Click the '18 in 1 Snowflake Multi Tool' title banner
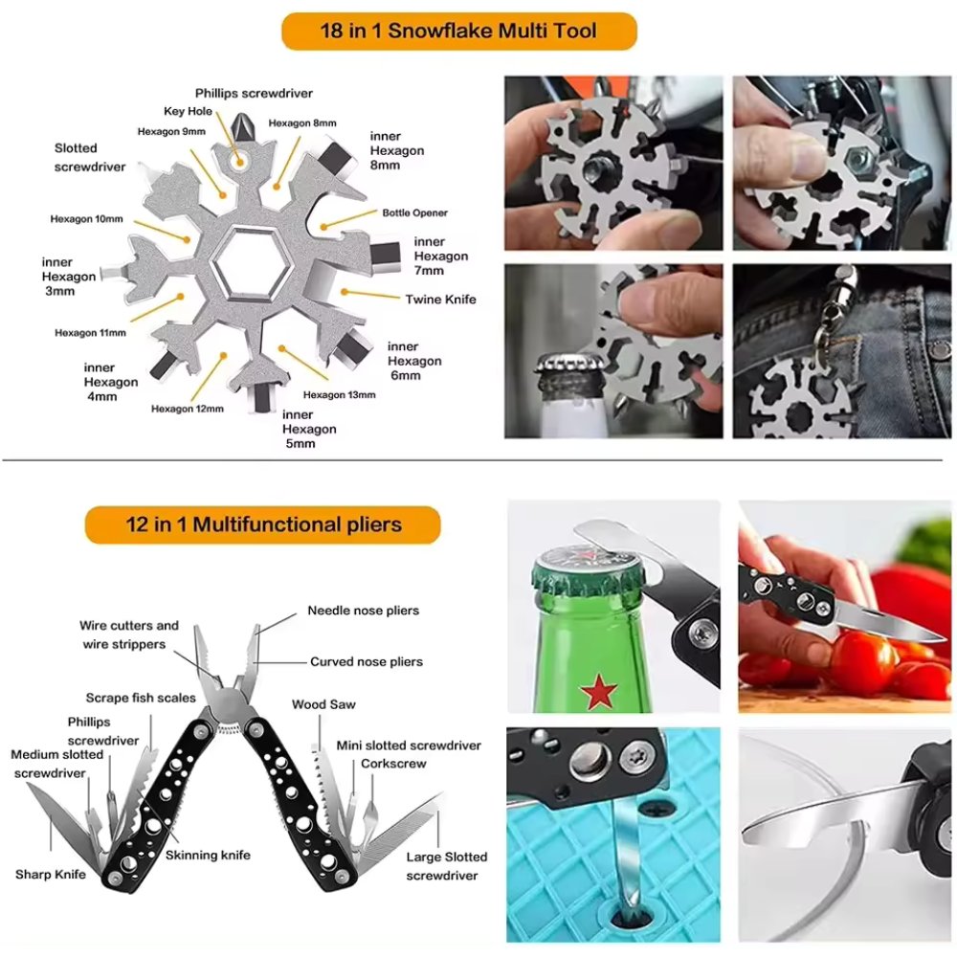pyautogui.click(x=458, y=32)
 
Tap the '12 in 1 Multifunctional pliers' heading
pyautogui.click(x=263, y=524)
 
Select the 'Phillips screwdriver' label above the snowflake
pyautogui.click(x=254, y=93)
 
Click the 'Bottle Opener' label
pyautogui.click(x=414, y=212)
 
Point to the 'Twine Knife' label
pyautogui.click(x=440, y=300)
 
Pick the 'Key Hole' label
pyautogui.click(x=188, y=111)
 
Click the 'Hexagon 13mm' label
pyautogui.click(x=339, y=394)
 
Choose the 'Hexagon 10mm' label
pyautogui.click(x=86, y=219)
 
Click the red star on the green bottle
pyautogui.click(x=598, y=691)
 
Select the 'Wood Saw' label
pyautogui.click(x=323, y=704)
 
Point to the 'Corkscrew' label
pyautogui.click(x=393, y=764)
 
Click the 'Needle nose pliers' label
pyautogui.click(x=363, y=611)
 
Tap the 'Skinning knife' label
pyautogui.click(x=208, y=855)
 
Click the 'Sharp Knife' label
pyautogui.click(x=50, y=875)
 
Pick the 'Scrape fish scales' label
pyautogui.click(x=141, y=698)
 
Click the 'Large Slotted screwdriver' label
pyautogui.click(x=446, y=866)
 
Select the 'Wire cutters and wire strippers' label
pyautogui.click(x=129, y=634)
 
